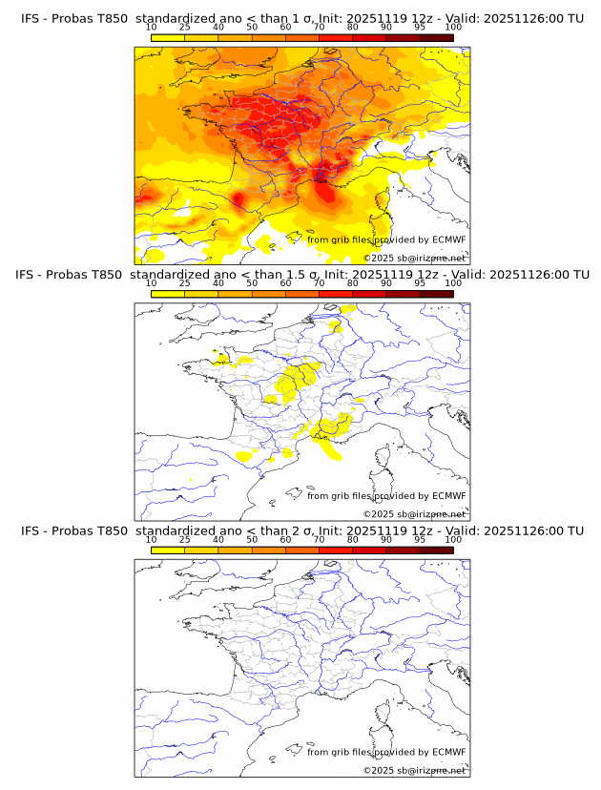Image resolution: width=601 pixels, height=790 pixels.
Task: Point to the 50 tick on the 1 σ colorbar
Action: coord(252,27)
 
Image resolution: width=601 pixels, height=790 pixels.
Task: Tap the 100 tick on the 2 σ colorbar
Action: coord(453,539)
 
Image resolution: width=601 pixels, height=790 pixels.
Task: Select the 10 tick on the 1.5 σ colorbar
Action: coord(151,282)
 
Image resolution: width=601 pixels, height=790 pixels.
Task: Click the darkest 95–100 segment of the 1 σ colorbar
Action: coord(437,37)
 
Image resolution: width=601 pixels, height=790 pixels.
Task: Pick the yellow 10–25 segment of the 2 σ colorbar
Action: coord(168,550)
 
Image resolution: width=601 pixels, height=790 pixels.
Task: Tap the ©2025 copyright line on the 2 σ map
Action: coord(415,770)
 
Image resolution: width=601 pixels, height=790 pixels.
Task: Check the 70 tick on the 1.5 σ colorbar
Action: coord(320,282)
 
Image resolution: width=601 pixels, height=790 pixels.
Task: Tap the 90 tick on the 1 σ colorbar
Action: coord(386,27)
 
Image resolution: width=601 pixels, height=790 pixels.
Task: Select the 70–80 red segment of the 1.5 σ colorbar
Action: coord(336,293)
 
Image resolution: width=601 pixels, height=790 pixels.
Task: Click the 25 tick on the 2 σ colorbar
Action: coord(185,539)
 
